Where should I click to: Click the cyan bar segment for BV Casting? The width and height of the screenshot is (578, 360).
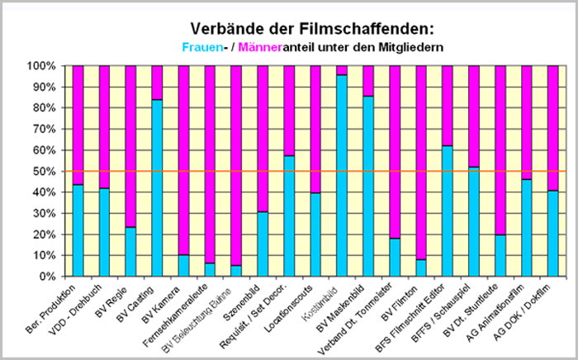click(157, 187)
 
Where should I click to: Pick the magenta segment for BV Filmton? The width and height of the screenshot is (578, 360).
click(421, 162)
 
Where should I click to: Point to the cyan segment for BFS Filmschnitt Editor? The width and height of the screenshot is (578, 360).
click(448, 211)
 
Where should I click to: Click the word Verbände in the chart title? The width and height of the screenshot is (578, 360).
click(219, 30)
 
